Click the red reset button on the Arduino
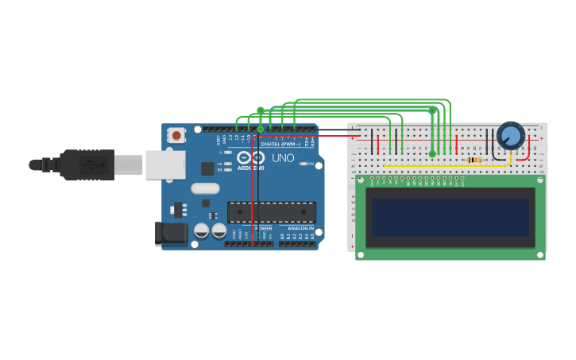pyautogui.click(x=176, y=136)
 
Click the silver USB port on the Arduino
pyautogui.click(x=165, y=165)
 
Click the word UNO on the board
pyautogui.click(x=283, y=158)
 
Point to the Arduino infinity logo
pyautogui.click(x=249, y=157)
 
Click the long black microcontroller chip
pyautogui.click(x=272, y=212)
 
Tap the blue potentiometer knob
pyautogui.click(x=510, y=136)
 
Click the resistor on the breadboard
pyautogui.click(x=474, y=160)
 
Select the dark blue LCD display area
pyautogui.click(x=450, y=216)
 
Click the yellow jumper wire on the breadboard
pyautogui.click(x=445, y=165)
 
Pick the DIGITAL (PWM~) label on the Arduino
pyautogui.click(x=280, y=144)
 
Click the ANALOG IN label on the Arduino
pyautogui.click(x=300, y=228)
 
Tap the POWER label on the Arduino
pyautogui.click(x=263, y=228)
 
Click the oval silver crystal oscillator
pyautogui.click(x=205, y=188)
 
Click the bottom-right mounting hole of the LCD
pyautogui.click(x=540, y=255)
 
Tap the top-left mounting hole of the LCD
pyautogui.click(x=360, y=180)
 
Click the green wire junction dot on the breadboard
pyautogui.click(x=432, y=153)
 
